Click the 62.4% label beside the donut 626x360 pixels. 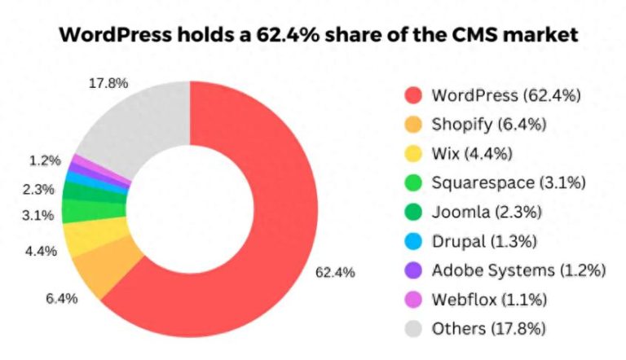[x=335, y=272]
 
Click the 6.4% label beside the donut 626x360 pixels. [x=61, y=298]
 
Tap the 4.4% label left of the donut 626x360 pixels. [x=41, y=251]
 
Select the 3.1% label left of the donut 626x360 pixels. [x=38, y=215]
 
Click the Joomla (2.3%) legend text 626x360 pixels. [x=486, y=212]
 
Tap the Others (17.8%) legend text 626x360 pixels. [x=488, y=328]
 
